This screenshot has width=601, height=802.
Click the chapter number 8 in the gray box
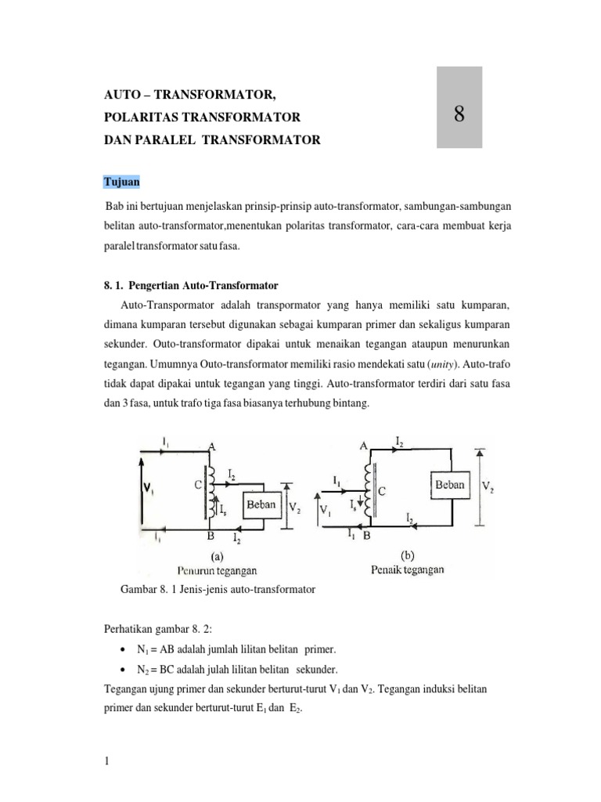459,114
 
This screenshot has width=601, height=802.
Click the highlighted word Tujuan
122,182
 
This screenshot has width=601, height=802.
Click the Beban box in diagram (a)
261,505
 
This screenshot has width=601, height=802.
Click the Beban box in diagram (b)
449,485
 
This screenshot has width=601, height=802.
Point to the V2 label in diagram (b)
487,486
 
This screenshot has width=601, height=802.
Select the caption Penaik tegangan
407,569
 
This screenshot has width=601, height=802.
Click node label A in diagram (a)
211,445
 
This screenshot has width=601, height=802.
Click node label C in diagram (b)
382,492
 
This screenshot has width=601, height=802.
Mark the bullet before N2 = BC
125,670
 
